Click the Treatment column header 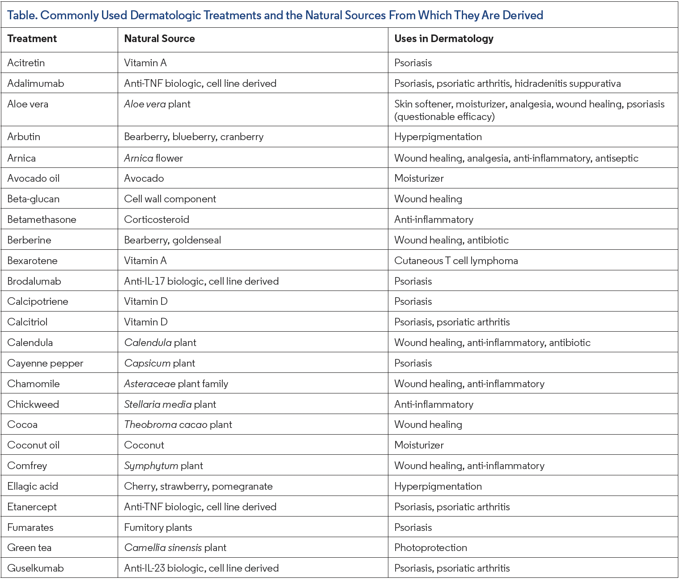[x=32, y=39]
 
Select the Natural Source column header [x=159, y=39]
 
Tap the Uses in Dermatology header [x=443, y=39]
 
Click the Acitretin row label [x=26, y=63]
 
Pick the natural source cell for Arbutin [x=193, y=137]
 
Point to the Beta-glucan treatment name [x=33, y=199]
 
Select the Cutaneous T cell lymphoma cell [x=455, y=261]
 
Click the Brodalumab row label [x=34, y=282]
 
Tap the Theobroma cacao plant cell [x=178, y=425]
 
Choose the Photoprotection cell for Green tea [x=430, y=548]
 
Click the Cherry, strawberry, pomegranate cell [x=198, y=487]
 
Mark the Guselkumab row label [x=35, y=568]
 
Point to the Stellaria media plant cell [x=170, y=405]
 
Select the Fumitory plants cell [x=158, y=528]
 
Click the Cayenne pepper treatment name [x=45, y=363]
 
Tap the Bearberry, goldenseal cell [x=172, y=240]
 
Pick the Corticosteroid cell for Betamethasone [x=156, y=220]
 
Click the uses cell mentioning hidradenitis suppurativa [x=507, y=84]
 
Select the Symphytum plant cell [x=163, y=466]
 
